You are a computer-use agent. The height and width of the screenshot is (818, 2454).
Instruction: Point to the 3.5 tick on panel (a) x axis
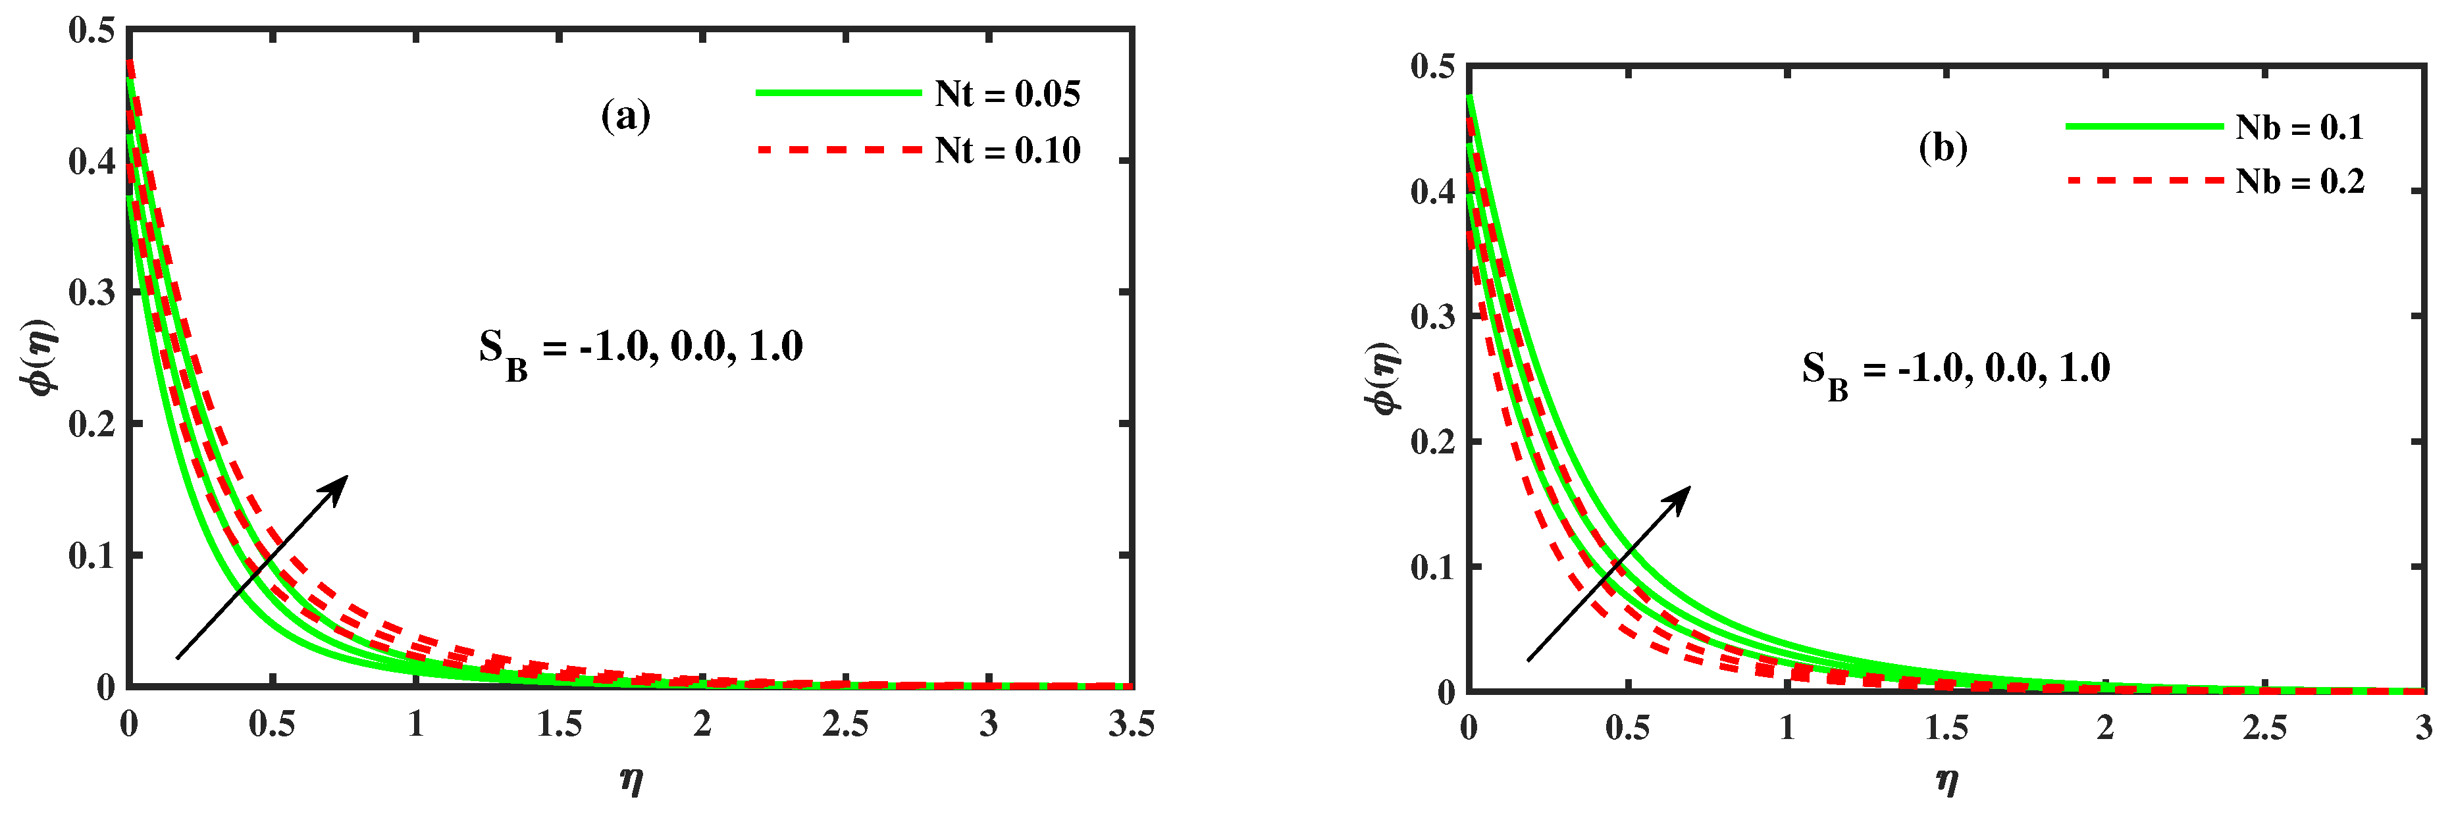(1131, 725)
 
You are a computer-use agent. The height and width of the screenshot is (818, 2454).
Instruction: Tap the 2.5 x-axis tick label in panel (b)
(2264, 729)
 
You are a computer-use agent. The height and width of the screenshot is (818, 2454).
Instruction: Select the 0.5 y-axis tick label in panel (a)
(91, 30)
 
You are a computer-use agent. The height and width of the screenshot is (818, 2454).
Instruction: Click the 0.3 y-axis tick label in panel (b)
(1433, 316)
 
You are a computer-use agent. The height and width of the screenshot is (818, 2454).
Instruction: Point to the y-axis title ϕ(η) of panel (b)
(1383, 378)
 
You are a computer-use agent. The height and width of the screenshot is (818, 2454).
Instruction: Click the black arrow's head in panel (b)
(1681, 495)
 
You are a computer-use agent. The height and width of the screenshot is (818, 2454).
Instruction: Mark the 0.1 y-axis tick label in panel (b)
(1433, 567)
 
